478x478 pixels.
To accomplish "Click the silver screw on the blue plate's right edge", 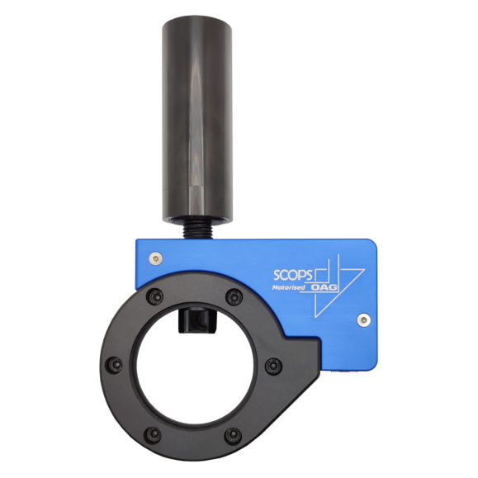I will (x=364, y=317).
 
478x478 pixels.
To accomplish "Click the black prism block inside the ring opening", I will (x=196, y=319).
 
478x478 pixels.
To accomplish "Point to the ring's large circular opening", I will (x=193, y=367).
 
